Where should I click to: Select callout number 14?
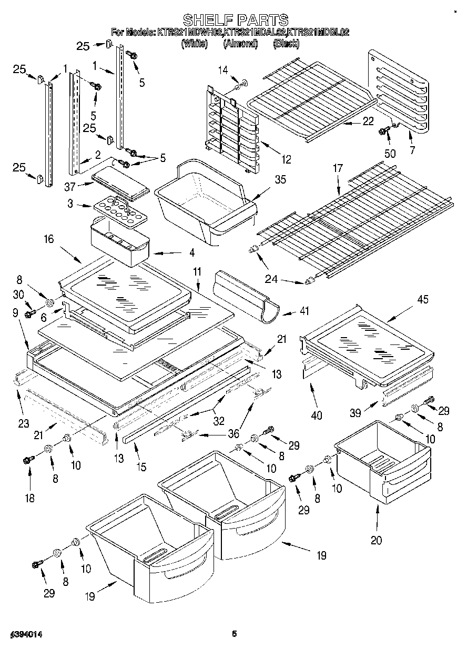tap(224, 69)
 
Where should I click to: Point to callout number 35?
tap(280, 180)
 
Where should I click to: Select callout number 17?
tap(337, 168)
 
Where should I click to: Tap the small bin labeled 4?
tap(120, 242)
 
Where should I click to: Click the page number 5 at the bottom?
tap(234, 634)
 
